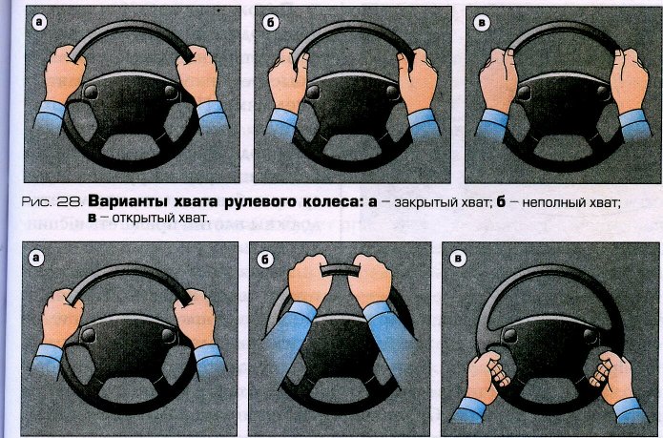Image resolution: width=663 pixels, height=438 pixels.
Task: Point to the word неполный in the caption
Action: click(549, 203)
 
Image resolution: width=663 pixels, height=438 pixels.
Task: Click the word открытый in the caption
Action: click(137, 219)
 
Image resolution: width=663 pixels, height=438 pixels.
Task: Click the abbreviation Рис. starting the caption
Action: click(37, 202)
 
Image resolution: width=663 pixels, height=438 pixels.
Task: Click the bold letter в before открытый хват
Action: click(93, 219)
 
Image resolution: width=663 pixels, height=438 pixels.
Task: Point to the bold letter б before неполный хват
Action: click(501, 201)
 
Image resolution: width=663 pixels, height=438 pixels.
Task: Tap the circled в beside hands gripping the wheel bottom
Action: click(458, 259)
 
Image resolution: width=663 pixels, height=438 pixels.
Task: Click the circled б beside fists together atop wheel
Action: click(265, 259)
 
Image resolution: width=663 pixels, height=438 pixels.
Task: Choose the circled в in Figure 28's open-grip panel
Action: click(482, 22)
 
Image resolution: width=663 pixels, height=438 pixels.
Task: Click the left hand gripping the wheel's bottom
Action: click(487, 374)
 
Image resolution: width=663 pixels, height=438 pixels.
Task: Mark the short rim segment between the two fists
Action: click(340, 271)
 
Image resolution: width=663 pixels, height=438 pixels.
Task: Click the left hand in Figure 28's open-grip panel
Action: click(498, 79)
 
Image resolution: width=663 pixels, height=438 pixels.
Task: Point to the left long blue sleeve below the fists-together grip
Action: click(289, 338)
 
